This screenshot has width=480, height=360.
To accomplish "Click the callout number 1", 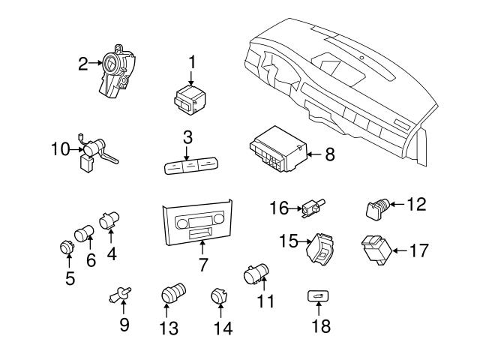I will point(191,60).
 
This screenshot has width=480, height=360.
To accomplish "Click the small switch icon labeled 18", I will point(316,297).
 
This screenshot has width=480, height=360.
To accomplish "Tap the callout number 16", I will point(278,208).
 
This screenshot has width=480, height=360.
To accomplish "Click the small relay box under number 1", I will point(190,99).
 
